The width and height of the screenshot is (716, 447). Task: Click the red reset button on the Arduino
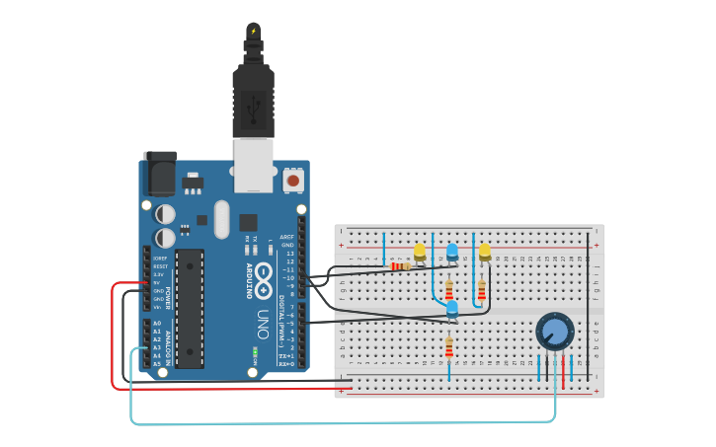pyautogui.click(x=292, y=181)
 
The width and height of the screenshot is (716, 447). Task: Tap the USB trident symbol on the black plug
pyautogui.click(x=253, y=103)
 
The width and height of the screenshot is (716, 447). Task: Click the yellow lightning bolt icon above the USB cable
pyautogui.click(x=254, y=32)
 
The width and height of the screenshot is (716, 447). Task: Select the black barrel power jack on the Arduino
pyautogui.click(x=159, y=175)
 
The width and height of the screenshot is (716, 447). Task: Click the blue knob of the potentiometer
pyautogui.click(x=555, y=333)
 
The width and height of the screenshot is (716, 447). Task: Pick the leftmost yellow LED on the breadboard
pyautogui.click(x=420, y=253)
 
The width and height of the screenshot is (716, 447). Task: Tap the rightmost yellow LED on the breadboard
pyautogui.click(x=485, y=253)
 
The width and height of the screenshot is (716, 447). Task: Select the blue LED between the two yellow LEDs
pyautogui.click(x=452, y=252)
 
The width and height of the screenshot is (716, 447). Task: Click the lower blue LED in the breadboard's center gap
pyautogui.click(x=452, y=310)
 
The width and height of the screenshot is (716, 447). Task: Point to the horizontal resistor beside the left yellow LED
pyautogui.click(x=400, y=265)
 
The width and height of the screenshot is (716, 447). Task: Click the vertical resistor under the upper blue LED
pyautogui.click(x=449, y=290)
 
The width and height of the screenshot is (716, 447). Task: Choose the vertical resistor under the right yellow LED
pyautogui.click(x=482, y=290)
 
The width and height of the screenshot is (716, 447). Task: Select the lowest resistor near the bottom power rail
pyautogui.click(x=449, y=348)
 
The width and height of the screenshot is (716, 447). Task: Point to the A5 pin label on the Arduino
pyautogui.click(x=156, y=363)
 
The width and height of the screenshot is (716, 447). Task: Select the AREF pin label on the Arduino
pyautogui.click(x=286, y=237)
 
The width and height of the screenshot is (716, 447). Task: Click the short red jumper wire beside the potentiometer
pyautogui.click(x=564, y=368)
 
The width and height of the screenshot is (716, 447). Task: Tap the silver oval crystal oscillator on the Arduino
pyautogui.click(x=221, y=219)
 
